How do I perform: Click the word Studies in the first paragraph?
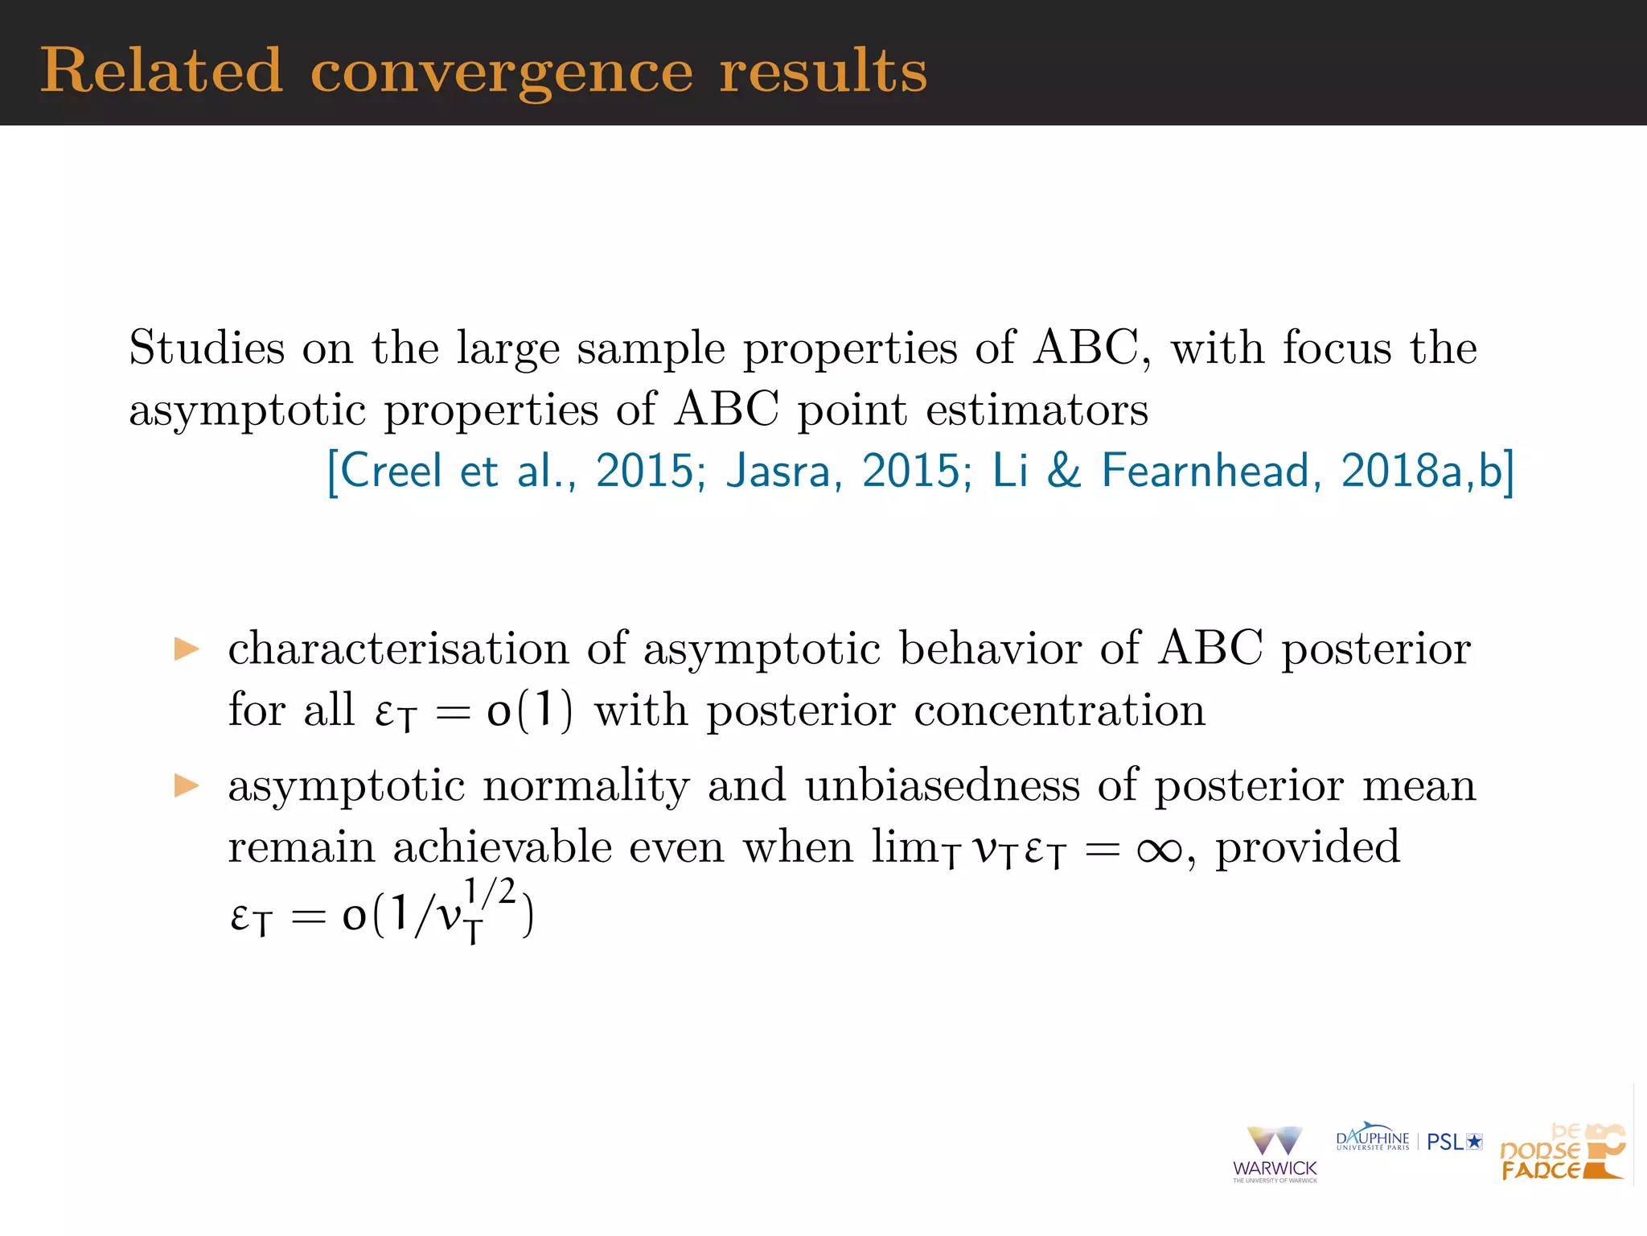click(x=207, y=348)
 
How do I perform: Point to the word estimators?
click(x=1037, y=410)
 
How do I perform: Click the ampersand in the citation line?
click(x=1064, y=471)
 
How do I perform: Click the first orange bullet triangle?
click(x=187, y=649)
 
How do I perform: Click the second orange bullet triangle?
click(x=187, y=785)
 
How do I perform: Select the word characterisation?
click(x=398, y=649)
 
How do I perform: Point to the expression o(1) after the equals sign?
click(x=530, y=711)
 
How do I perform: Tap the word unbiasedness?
click(x=943, y=785)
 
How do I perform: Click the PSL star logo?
click(x=1454, y=1142)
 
